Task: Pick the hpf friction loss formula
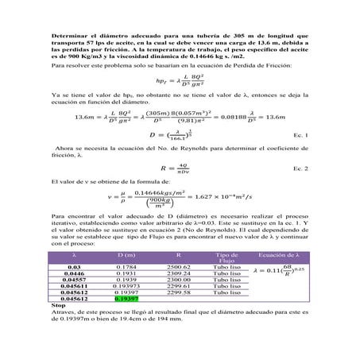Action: point(180,80)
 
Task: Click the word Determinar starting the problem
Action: point(70,37)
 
